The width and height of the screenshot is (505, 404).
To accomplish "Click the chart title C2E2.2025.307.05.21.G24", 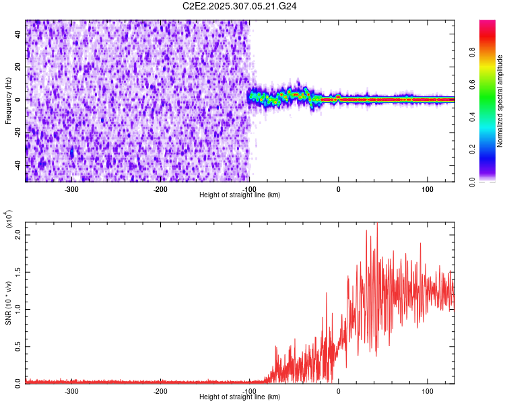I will tap(240, 6).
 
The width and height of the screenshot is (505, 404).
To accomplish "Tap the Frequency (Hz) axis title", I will tap(8, 101).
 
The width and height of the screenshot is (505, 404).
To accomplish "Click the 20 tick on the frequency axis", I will tap(18, 67).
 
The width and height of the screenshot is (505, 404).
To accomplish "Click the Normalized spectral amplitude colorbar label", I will tap(500, 101).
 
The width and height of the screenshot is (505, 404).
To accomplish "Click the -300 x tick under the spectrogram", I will tap(71, 189).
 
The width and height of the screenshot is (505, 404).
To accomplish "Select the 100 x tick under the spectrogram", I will tap(427, 189).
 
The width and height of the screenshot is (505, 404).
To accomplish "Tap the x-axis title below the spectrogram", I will tap(240, 195).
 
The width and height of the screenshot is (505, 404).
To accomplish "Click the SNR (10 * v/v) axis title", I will tap(8, 303).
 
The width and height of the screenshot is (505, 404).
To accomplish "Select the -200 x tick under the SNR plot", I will tap(160, 391).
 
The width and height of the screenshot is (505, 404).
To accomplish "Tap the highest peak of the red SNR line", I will tap(377, 223).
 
